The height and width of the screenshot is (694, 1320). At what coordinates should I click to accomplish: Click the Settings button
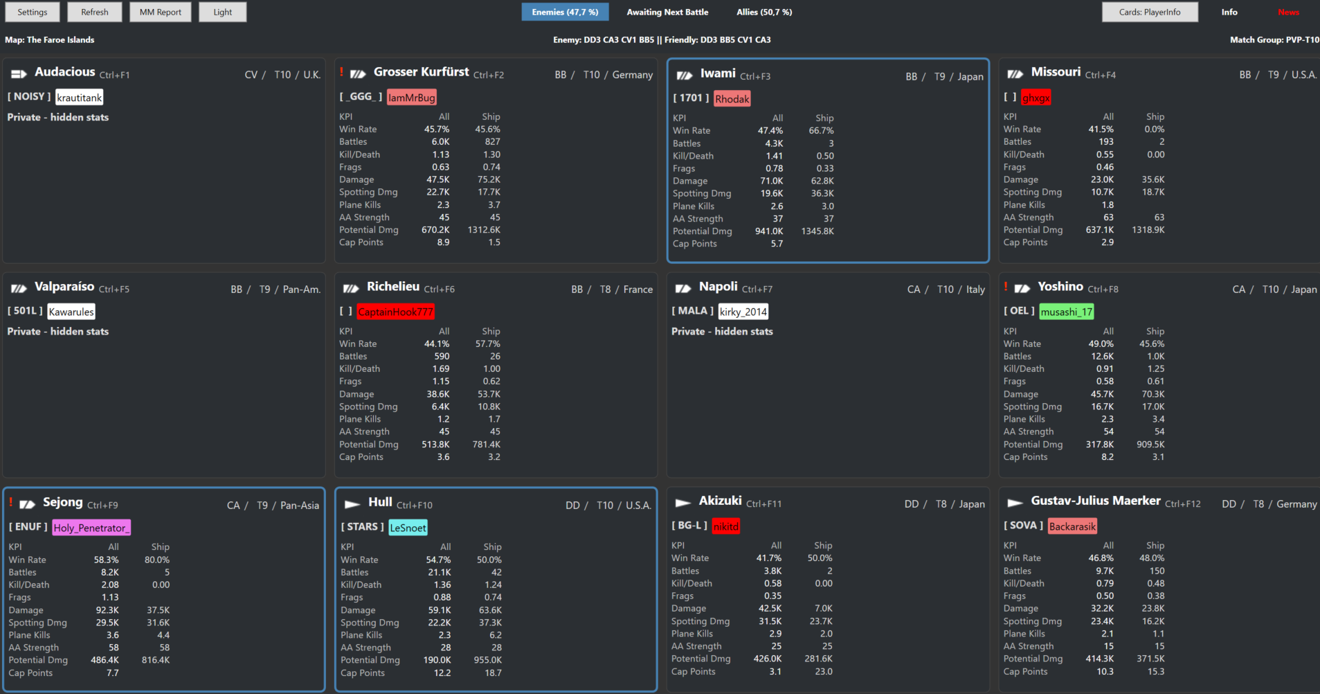pos(33,12)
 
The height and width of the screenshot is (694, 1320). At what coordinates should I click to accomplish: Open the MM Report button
pos(160,12)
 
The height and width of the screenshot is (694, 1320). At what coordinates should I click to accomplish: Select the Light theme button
pos(223,12)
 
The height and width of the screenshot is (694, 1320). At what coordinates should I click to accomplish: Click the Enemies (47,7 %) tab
pos(565,12)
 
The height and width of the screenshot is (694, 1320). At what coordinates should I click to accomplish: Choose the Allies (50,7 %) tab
pos(764,12)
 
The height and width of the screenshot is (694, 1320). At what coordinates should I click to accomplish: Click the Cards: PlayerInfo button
pos(1150,12)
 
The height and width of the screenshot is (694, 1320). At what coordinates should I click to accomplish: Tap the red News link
pos(1288,12)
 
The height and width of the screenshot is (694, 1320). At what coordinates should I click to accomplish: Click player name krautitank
pos(80,98)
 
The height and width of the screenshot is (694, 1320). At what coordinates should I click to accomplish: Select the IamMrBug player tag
pos(412,98)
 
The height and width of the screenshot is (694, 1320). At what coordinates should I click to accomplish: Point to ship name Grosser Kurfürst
pos(421,72)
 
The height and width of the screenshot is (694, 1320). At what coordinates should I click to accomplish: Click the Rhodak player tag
pos(732,99)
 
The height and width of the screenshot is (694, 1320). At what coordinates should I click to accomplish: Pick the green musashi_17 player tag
pos(1067,312)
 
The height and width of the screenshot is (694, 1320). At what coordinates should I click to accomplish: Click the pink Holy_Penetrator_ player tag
pos(91,528)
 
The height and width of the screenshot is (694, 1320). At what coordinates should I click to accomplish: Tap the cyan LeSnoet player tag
pos(408,528)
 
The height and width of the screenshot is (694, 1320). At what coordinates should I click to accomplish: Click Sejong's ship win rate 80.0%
pos(157,560)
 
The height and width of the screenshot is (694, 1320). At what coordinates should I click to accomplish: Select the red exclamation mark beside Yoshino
pos(1006,287)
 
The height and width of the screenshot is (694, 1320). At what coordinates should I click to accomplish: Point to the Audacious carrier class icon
pos(19,73)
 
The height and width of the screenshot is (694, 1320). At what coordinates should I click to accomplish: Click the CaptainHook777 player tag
pos(395,312)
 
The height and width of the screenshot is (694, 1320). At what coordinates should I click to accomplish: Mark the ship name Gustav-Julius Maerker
pos(1096,501)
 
